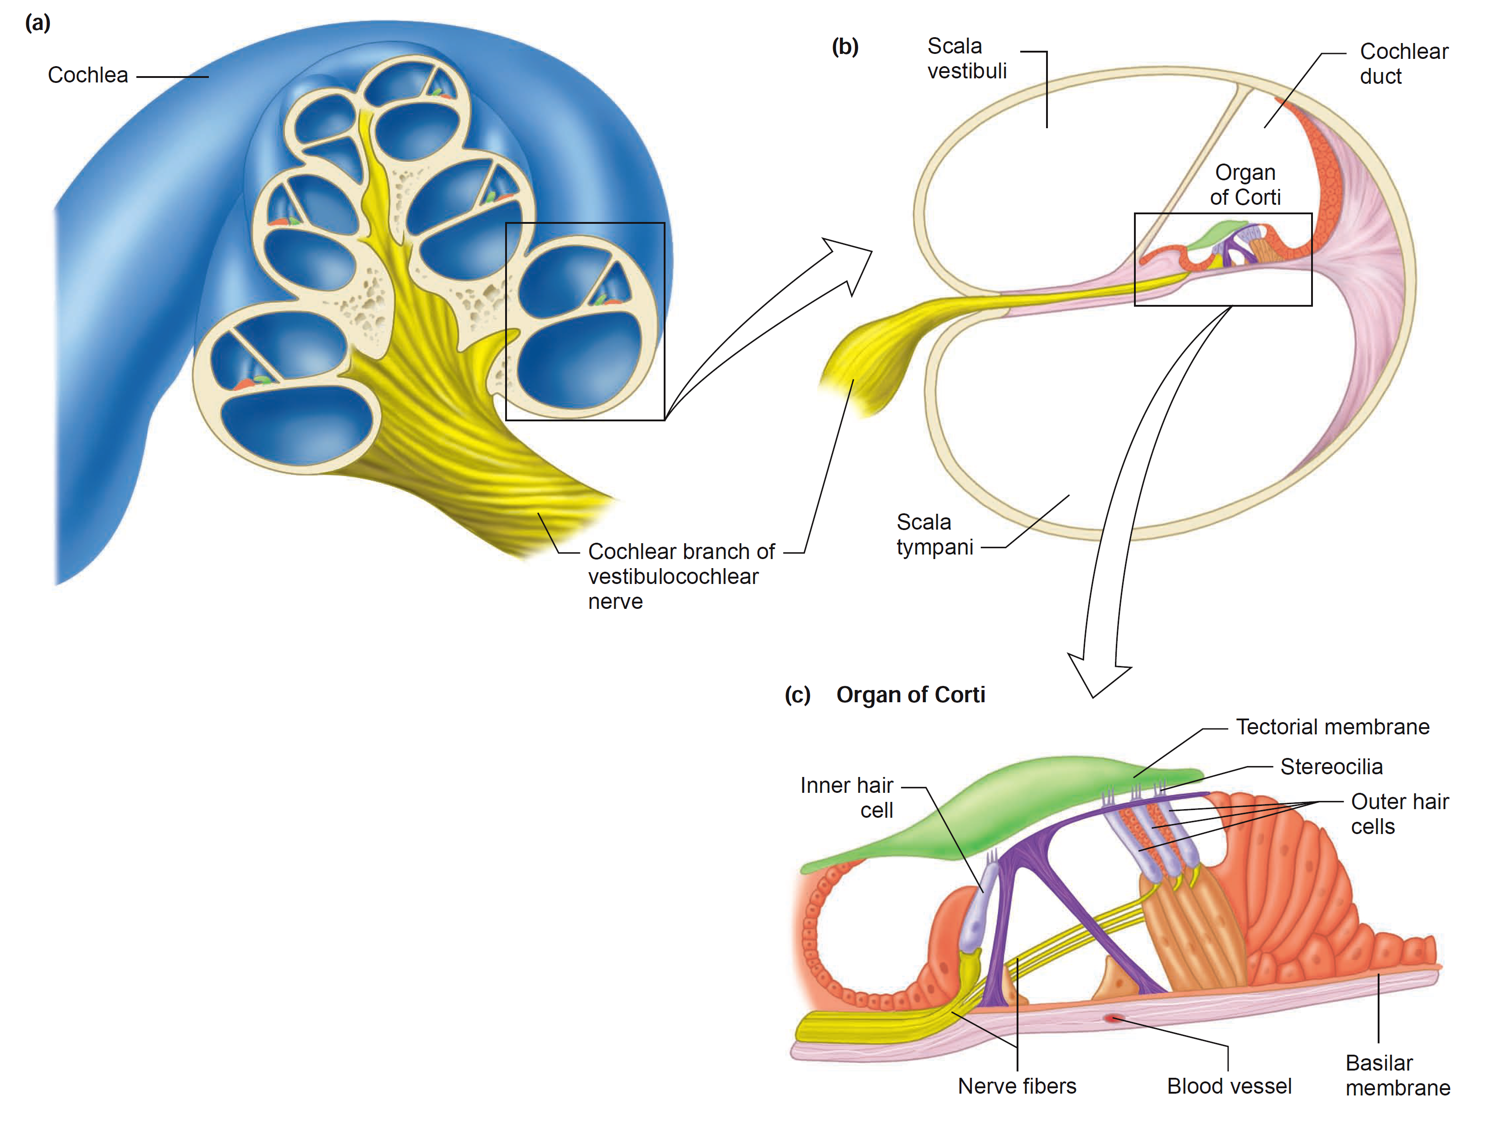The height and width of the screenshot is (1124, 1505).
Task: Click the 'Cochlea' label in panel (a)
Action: [x=88, y=75]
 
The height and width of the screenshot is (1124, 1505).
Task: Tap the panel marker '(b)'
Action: [x=845, y=47]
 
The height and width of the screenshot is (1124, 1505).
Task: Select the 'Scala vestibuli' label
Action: [x=966, y=58]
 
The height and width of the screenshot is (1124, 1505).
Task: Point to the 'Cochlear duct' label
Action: [x=1403, y=63]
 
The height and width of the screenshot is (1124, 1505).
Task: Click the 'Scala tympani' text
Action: [x=934, y=535]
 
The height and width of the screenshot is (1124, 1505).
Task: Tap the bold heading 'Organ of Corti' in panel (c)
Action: [x=910, y=695]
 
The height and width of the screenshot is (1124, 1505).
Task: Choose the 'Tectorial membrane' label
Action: [x=1332, y=727]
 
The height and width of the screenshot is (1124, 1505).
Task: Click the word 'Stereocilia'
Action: [x=1331, y=767]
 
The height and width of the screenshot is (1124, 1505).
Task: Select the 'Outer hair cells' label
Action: [x=1399, y=814]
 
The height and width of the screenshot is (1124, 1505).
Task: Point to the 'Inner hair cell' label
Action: [x=848, y=797]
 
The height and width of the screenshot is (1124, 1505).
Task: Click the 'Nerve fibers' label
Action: [x=1017, y=1086]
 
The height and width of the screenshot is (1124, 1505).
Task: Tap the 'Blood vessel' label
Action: [x=1229, y=1086]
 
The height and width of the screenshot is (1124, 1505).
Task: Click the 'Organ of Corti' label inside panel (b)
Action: [x=1245, y=184]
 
